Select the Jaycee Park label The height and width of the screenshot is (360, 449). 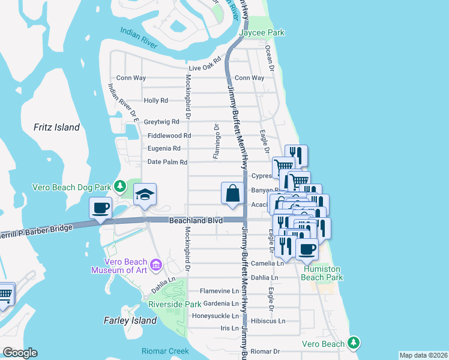[261, 32]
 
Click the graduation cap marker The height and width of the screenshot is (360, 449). [145, 194]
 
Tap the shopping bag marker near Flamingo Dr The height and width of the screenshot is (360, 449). [232, 194]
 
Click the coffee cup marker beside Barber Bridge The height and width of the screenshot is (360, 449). [101, 208]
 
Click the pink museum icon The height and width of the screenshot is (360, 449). [156, 264]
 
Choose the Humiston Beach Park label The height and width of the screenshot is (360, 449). [322, 274]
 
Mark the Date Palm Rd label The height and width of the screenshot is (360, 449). [167, 162]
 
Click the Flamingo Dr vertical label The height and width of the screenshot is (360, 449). [215, 142]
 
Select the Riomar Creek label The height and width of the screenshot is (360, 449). [165, 351]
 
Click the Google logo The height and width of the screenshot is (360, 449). [20, 353]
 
